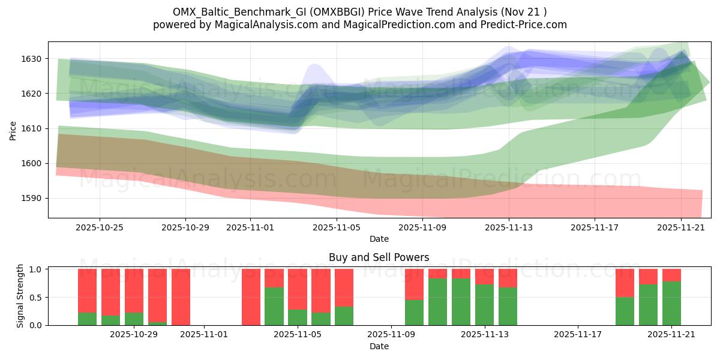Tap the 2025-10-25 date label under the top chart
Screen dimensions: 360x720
(x=100, y=227)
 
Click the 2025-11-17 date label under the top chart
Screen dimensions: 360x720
(x=595, y=227)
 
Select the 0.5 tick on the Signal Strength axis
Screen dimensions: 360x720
(x=37, y=297)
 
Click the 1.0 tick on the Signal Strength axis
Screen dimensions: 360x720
(x=37, y=269)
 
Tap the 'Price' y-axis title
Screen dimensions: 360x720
(x=13, y=130)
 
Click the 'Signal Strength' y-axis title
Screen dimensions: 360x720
(x=20, y=297)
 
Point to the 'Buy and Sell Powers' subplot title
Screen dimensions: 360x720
(x=379, y=257)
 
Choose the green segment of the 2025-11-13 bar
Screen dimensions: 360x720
(x=508, y=306)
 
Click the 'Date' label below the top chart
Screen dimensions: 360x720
(x=379, y=239)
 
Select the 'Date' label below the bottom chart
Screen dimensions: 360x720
(x=379, y=346)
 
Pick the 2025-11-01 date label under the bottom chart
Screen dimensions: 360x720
(x=205, y=334)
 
